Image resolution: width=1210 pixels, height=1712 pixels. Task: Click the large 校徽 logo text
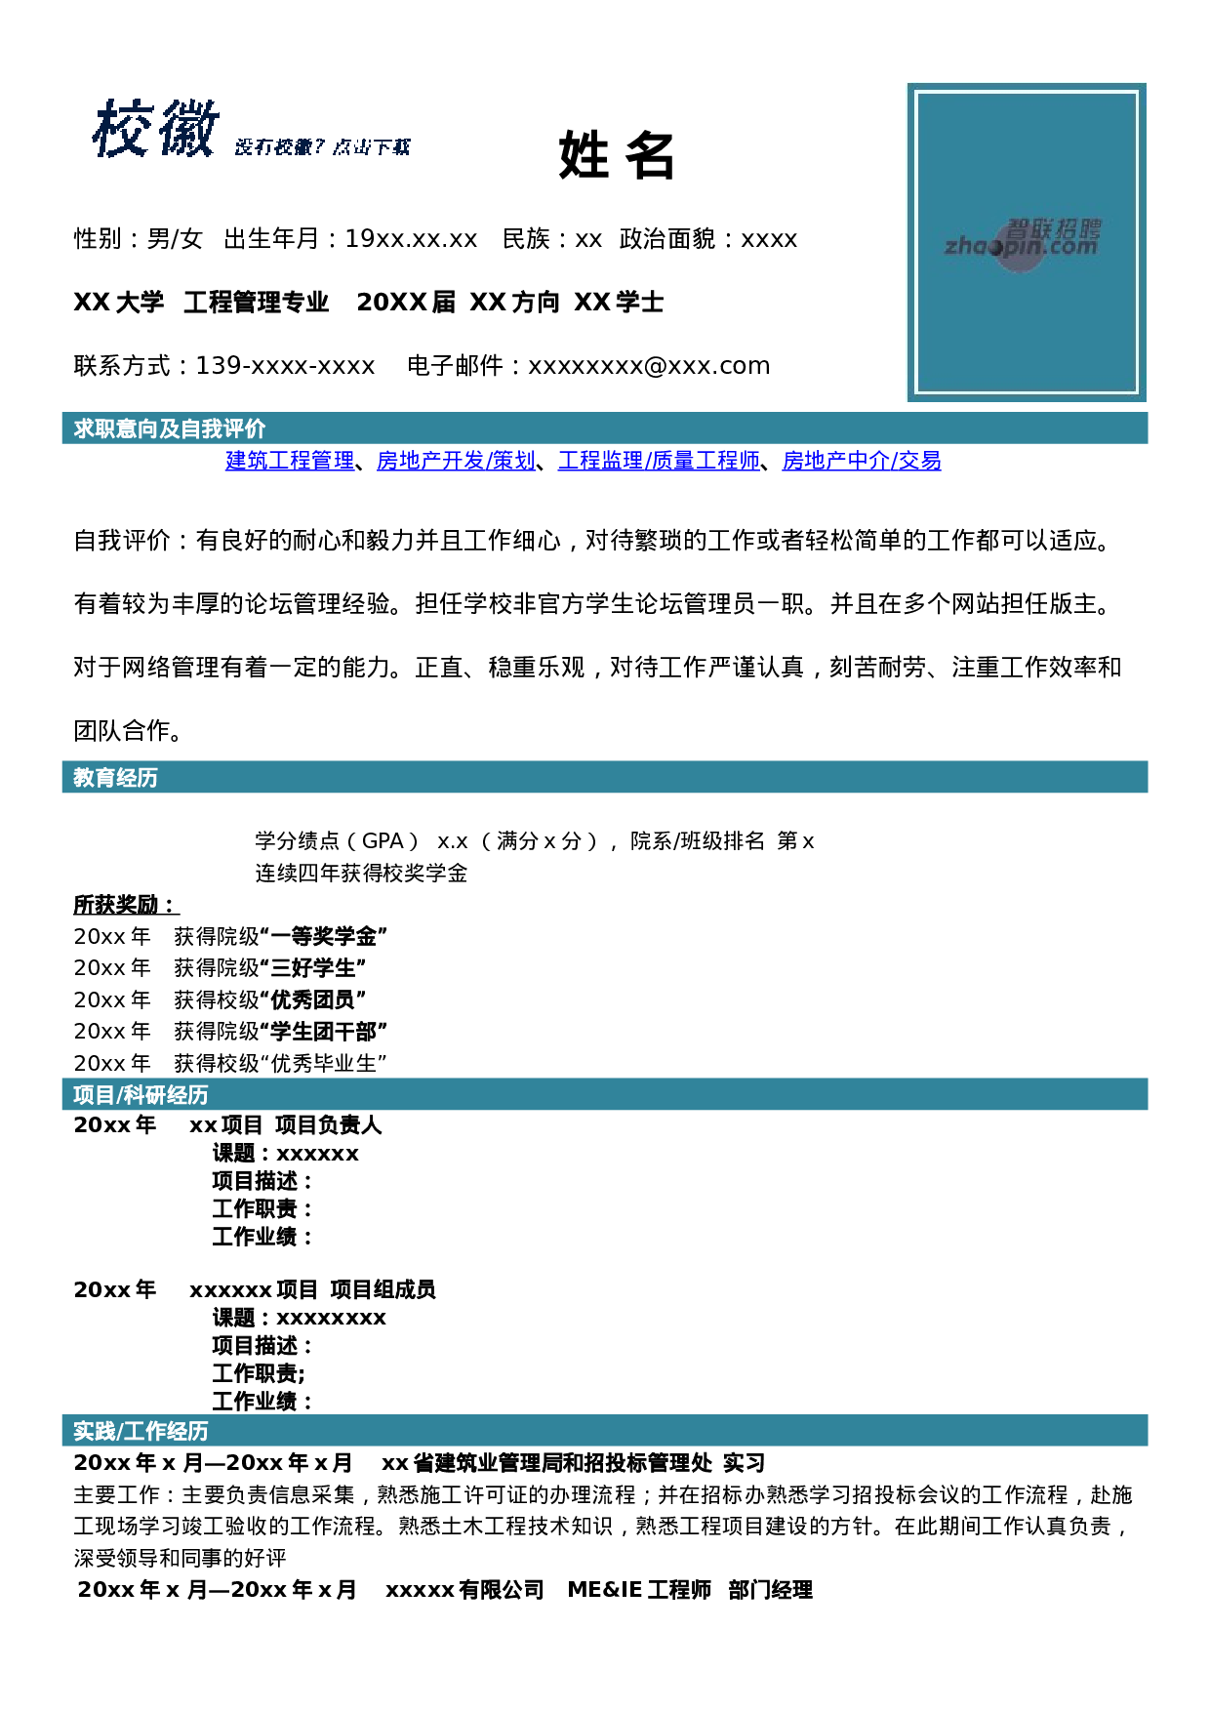(156, 129)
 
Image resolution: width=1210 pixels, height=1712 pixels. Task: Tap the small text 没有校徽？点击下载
(322, 147)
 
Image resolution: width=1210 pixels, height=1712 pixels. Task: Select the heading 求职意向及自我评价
(169, 428)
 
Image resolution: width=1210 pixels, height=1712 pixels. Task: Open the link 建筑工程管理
(290, 461)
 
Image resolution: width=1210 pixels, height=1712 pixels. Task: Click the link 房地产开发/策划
(456, 461)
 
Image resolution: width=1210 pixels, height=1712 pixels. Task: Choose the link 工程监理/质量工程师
(659, 461)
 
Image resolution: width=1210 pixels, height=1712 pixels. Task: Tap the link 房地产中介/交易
(862, 461)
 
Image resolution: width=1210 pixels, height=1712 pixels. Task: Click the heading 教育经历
(115, 777)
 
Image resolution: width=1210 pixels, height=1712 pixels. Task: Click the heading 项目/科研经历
(141, 1095)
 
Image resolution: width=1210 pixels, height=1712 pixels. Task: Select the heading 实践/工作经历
(141, 1431)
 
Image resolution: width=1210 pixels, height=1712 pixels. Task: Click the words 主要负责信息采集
(268, 1494)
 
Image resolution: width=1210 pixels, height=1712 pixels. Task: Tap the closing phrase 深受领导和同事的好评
(181, 1558)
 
